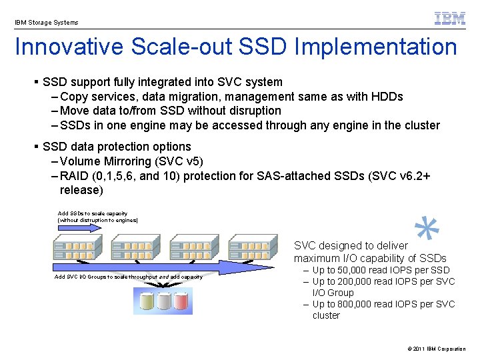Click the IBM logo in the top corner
(450, 19)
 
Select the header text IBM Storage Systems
(46, 23)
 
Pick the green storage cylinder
(144, 301)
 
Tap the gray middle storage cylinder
(163, 301)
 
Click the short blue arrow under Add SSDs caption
(80, 227)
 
